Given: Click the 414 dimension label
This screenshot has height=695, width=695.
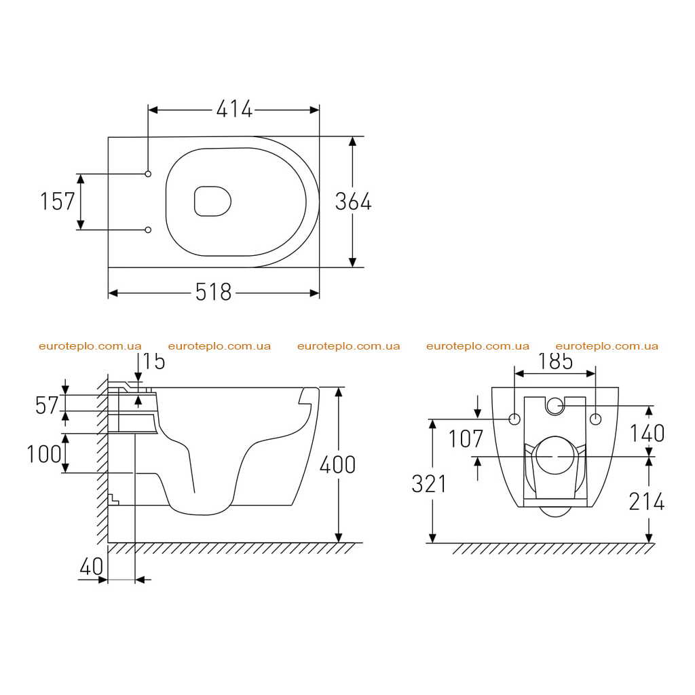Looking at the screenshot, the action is point(234,109).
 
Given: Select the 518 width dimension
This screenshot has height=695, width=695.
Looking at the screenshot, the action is point(214,292).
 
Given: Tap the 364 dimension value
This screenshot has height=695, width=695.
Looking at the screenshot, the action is point(353,202).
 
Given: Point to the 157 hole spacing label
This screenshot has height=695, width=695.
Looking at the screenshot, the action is point(58,201).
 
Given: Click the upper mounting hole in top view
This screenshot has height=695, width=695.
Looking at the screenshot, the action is point(148,174).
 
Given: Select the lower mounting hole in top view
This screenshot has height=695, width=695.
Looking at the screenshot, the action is point(148,229).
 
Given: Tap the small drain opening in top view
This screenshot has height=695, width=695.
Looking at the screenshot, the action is point(212,201).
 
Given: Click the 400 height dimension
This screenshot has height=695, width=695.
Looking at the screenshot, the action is point(338,464).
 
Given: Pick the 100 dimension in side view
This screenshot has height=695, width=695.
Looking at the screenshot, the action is point(44,454).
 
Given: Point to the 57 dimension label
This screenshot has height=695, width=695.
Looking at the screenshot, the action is point(47,405).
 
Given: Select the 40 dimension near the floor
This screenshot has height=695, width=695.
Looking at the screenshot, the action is point(92,567).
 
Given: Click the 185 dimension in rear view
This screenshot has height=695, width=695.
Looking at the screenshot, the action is point(555,361).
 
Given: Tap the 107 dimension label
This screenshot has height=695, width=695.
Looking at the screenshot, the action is point(466,439).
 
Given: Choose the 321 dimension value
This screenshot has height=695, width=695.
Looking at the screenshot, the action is point(429,483).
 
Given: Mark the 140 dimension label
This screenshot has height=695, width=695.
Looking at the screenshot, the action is point(647,433).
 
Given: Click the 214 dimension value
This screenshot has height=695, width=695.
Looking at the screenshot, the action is point(647,502).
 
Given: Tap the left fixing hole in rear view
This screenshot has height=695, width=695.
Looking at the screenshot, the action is point(514,419).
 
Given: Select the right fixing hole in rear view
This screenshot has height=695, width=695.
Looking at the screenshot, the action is point(596,419).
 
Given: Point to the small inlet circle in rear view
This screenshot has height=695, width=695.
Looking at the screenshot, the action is point(555,405).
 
